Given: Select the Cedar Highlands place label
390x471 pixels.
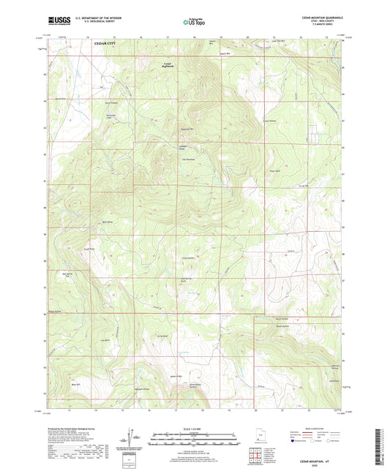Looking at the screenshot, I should pyautogui.click(x=168, y=65).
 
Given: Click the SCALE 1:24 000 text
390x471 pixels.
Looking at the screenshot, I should pyautogui.click(x=194, y=429).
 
